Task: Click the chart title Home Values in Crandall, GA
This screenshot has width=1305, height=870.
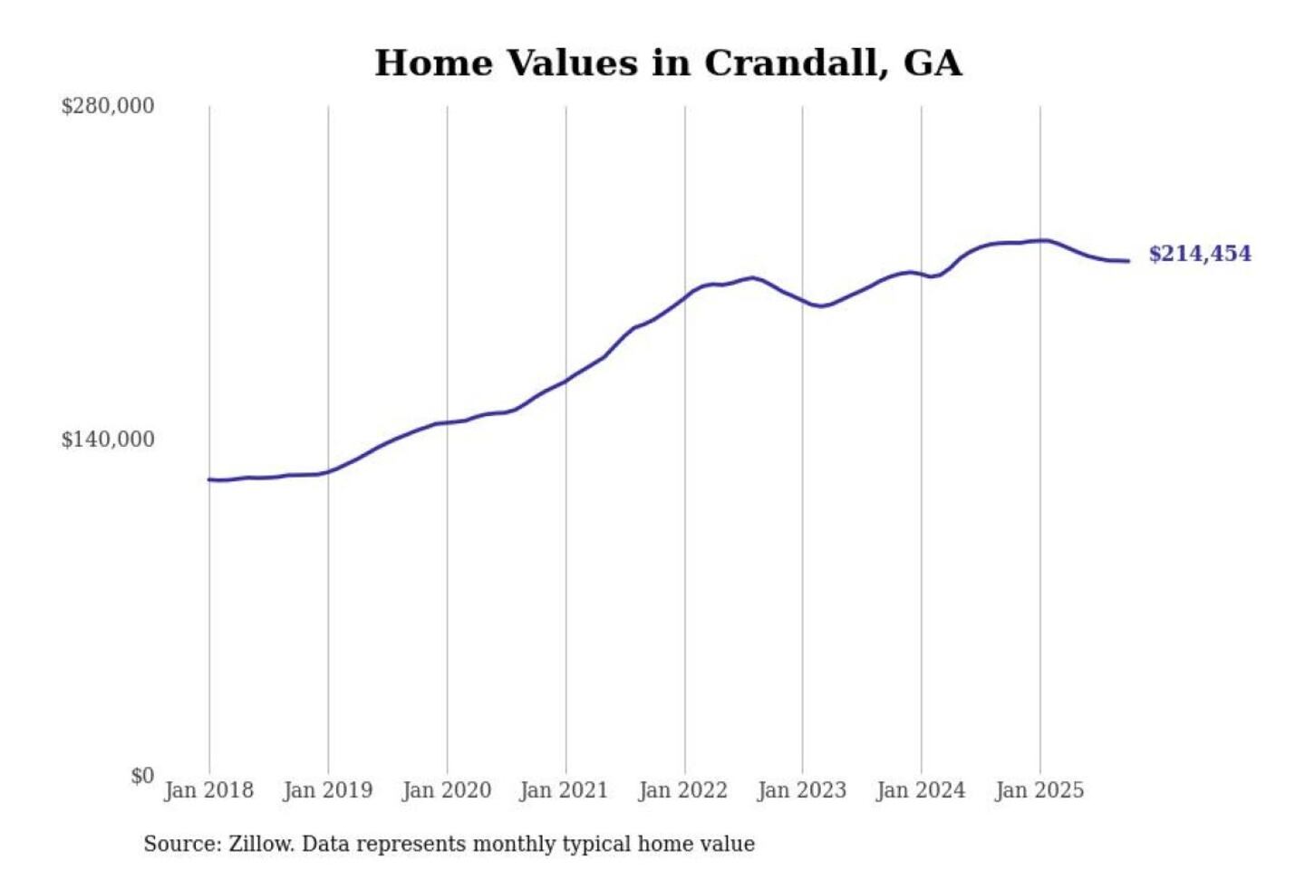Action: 668,63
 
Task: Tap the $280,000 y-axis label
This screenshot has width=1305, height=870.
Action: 108,106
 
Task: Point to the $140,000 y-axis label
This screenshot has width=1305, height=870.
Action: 108,440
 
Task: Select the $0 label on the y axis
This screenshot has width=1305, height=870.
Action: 142,776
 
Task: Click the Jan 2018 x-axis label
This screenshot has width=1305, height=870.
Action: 208,790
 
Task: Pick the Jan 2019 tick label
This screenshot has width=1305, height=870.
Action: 327,790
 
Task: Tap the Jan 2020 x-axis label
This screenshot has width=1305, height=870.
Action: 446,790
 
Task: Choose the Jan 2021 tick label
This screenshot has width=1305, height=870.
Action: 564,790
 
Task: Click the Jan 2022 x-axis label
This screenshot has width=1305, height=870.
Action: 682,790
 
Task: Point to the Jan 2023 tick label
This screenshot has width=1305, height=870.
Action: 801,790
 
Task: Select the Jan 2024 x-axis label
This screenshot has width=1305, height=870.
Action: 920,790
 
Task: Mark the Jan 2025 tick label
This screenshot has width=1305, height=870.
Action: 1039,790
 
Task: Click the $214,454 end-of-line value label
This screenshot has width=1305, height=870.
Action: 1200,254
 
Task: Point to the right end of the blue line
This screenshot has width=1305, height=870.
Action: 1128,261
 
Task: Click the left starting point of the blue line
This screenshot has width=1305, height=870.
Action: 209,479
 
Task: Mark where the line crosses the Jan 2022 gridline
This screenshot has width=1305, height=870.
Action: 685,297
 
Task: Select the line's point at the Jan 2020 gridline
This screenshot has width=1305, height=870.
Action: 447,422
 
